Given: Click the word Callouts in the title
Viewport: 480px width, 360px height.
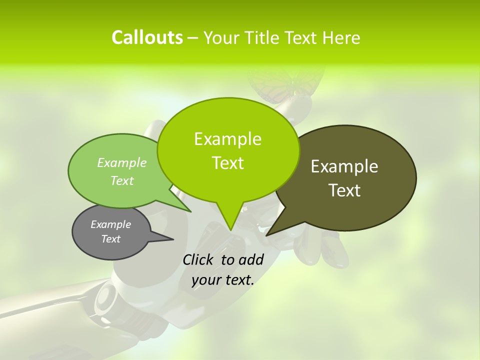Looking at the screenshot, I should pos(147,38).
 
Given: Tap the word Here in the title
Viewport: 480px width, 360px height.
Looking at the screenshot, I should pos(341,38).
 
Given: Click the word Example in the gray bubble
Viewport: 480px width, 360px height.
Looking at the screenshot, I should pos(111,224).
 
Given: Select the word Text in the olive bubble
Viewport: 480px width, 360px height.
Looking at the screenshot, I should pos(345,190).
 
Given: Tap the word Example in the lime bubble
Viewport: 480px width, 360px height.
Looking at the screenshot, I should pos(228,139).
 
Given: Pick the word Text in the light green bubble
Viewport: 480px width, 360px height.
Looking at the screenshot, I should pos(122,181).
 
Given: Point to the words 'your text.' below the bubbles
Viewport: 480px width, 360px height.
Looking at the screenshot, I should pos(223,280).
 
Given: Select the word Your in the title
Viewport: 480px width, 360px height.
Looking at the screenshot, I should pos(219,38).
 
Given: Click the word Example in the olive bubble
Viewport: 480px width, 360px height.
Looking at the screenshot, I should pos(344,166).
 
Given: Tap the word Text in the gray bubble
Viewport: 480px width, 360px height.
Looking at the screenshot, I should pos(111,239).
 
